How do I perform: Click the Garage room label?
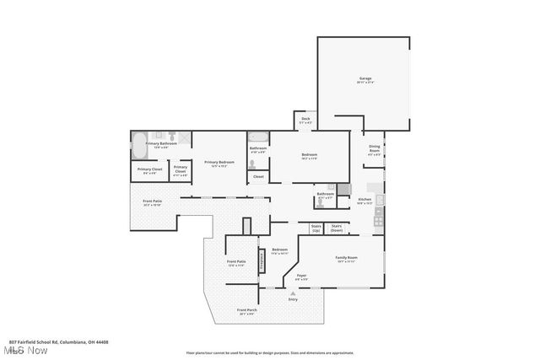pos(364,80)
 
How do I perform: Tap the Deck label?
pos(306,120)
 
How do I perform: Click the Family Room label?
pos(346,258)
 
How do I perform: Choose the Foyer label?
pos(300,277)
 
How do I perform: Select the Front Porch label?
pos(246,311)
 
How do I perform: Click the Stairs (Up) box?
pos(317,228)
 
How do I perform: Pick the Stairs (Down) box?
pos(337,228)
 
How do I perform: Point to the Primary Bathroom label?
pos(160,145)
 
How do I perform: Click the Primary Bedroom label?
pos(219,164)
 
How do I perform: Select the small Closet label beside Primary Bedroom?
pos(258,176)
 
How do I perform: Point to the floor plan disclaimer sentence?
pos(281,352)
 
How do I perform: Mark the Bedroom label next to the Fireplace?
pos(279,250)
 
